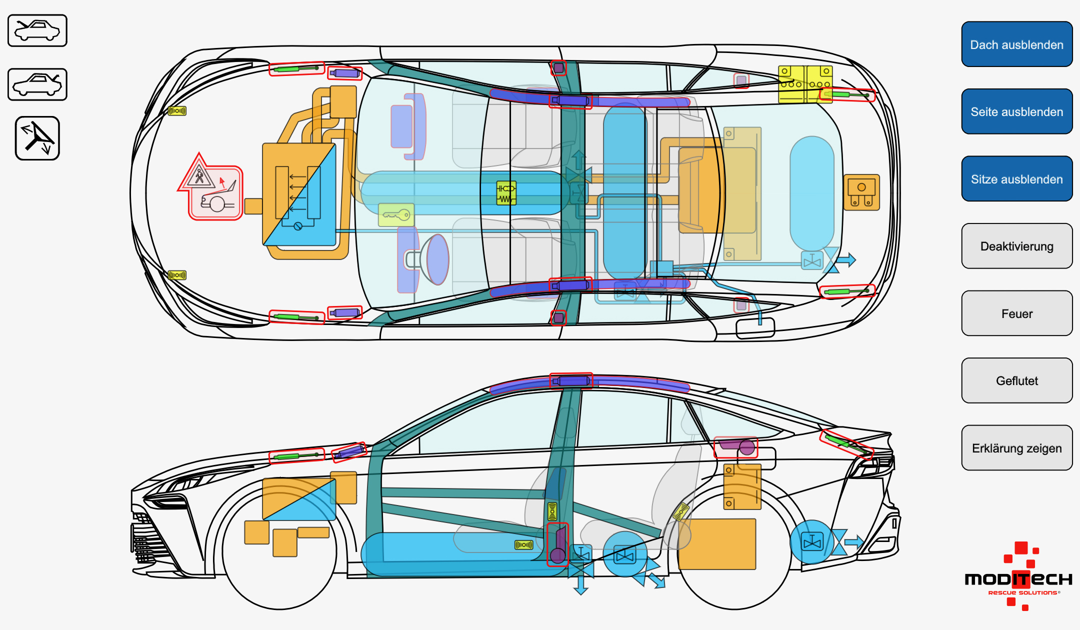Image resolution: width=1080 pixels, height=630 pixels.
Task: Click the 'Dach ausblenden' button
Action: (x=1016, y=44)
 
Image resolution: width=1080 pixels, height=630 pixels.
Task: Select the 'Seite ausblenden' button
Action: (x=1016, y=111)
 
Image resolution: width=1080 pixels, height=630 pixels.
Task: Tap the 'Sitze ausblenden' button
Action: (x=1016, y=179)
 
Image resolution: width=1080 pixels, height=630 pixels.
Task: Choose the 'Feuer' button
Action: (x=1016, y=313)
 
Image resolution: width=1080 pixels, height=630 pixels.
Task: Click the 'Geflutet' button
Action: (x=1016, y=380)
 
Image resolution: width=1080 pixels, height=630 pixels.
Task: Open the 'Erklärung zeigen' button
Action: (x=1016, y=448)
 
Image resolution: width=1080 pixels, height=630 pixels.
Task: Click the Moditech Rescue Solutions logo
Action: (x=1018, y=577)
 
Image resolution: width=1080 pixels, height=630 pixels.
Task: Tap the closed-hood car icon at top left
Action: (x=37, y=30)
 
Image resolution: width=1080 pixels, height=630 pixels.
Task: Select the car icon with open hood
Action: (x=37, y=84)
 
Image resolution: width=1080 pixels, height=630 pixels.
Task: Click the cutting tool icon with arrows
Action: (x=37, y=138)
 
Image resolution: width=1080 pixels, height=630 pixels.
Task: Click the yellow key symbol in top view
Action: (x=396, y=215)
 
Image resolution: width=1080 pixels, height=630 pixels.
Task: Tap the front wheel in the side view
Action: (x=279, y=551)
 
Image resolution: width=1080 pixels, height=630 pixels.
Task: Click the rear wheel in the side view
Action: (x=734, y=551)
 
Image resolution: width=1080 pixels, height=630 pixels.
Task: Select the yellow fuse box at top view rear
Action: (x=805, y=84)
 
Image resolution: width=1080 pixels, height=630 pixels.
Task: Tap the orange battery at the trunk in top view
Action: (x=861, y=192)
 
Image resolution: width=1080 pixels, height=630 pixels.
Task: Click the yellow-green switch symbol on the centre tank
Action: (x=506, y=193)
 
